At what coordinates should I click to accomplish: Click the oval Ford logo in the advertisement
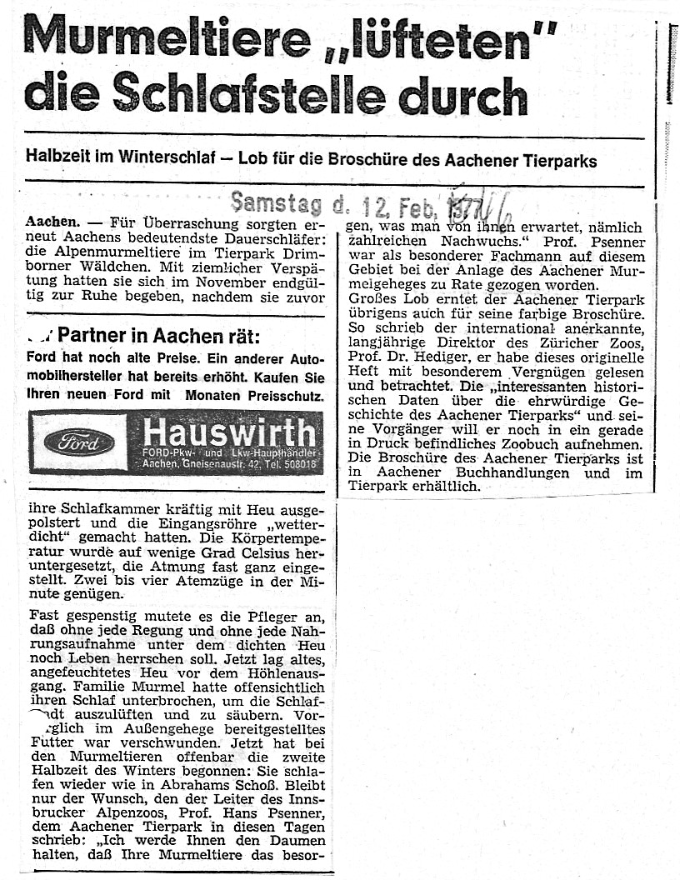pos(79,442)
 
